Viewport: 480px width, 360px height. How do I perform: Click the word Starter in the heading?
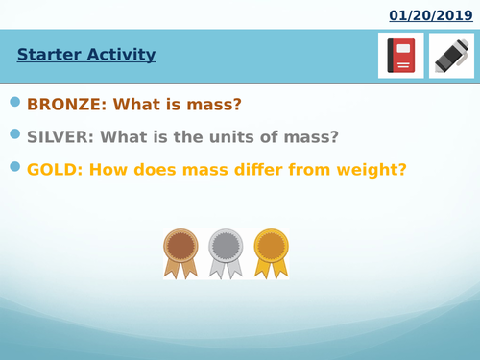(48, 55)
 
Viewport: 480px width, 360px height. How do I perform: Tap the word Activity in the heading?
(119, 55)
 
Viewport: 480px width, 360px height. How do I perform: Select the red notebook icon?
(400, 55)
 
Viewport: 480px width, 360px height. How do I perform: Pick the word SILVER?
(60, 137)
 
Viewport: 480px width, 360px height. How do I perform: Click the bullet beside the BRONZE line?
(14, 102)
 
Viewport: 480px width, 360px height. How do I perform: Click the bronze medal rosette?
(180, 251)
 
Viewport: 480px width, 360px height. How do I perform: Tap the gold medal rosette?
(271, 251)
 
